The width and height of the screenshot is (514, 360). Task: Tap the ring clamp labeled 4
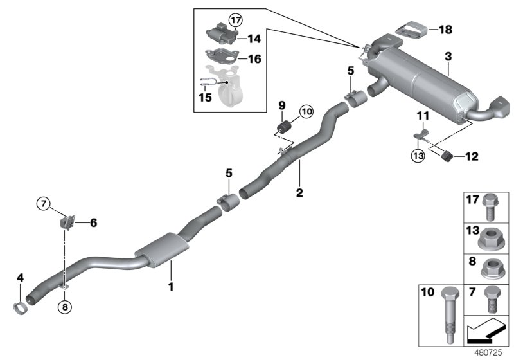(x=22, y=308)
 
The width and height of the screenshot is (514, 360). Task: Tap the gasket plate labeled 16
(x=220, y=58)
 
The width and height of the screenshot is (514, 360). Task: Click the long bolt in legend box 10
(x=447, y=315)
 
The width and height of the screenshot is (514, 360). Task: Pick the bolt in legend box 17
(x=490, y=204)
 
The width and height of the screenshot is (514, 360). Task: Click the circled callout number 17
(x=235, y=20)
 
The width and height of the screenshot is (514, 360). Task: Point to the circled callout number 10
(x=305, y=112)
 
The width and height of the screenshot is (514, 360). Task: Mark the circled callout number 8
(x=64, y=307)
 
